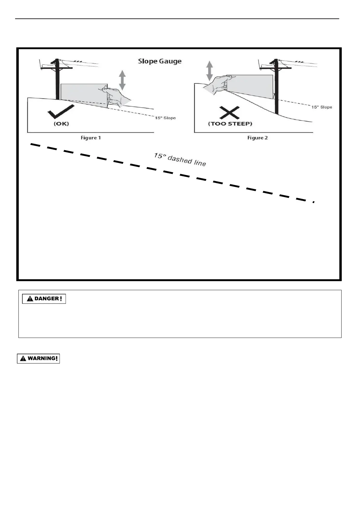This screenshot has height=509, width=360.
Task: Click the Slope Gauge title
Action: [160, 61]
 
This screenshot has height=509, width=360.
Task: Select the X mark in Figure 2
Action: [230, 113]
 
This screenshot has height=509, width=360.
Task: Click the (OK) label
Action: [61, 124]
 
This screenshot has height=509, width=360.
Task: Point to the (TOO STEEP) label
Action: [230, 124]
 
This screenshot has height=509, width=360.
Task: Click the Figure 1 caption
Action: [91, 138]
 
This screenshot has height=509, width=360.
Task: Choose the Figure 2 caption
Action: [258, 138]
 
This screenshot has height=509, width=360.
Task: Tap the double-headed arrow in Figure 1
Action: [122, 80]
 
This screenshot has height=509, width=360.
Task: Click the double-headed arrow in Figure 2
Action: [209, 70]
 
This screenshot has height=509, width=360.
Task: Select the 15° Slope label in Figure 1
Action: [165, 118]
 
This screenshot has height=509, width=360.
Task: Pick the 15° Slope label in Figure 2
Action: [322, 107]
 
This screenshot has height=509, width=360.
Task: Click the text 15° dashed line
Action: [180, 160]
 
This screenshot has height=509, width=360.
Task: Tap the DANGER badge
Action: [44, 299]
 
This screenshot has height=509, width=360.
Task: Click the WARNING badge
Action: [38, 358]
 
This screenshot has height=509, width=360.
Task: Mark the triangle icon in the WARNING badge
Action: [23, 359]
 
